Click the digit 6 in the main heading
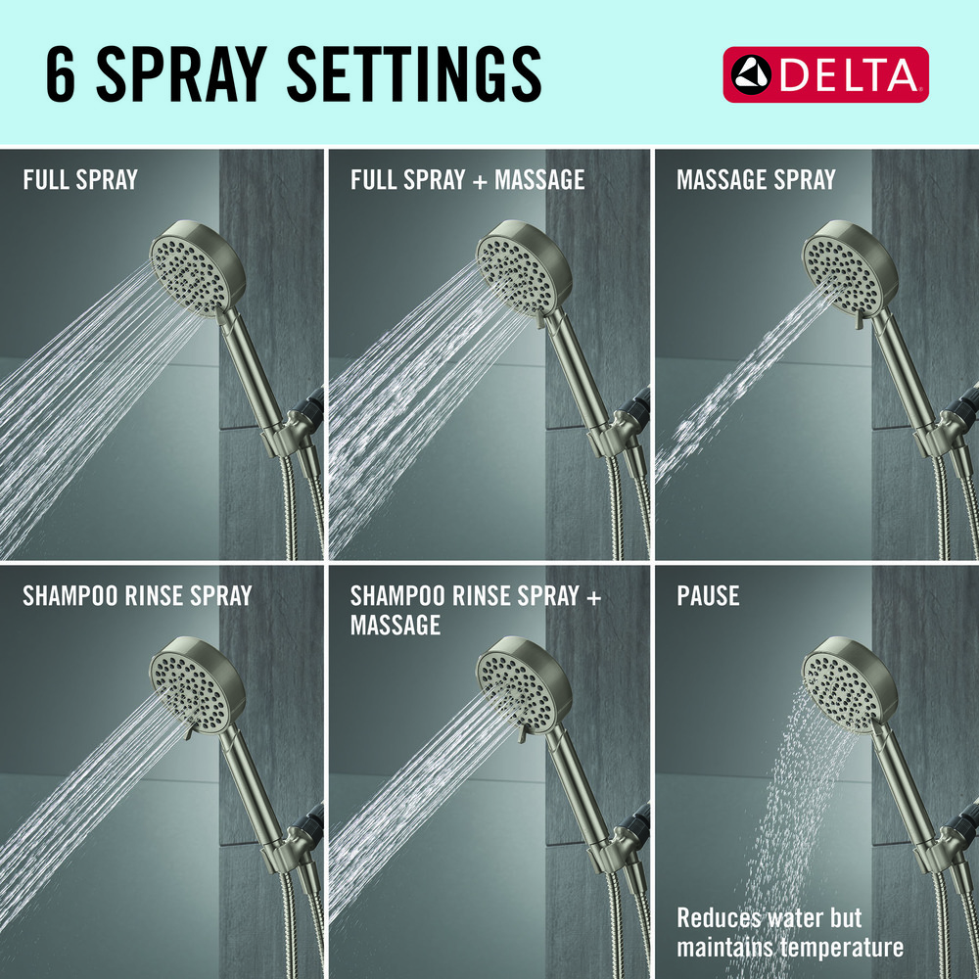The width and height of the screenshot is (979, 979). (61, 73)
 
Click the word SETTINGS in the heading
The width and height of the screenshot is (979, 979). (414, 73)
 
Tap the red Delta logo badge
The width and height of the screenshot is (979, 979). (825, 74)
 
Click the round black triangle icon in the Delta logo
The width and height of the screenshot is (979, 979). (751, 75)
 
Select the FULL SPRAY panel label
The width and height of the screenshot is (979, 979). (80, 180)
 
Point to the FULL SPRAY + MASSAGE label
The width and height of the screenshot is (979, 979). (468, 180)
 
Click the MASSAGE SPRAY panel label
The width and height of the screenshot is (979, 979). (756, 180)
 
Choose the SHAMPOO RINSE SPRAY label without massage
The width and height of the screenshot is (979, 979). (137, 595)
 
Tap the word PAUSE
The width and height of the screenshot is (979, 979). (708, 595)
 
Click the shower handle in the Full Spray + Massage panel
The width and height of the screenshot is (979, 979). (575, 368)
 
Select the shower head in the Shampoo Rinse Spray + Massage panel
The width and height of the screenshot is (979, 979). (525, 683)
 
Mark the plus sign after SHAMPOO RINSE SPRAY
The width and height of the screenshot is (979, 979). (594, 597)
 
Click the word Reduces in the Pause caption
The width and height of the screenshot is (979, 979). (717, 918)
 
